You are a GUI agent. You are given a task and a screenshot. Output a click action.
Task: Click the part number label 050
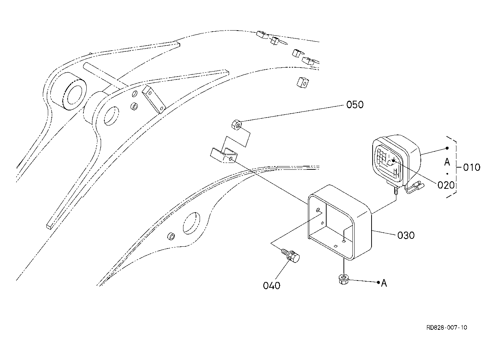tap(355, 105)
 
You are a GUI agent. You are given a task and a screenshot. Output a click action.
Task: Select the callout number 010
tap(471, 167)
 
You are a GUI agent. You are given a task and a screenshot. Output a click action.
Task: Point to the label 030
tap(406, 235)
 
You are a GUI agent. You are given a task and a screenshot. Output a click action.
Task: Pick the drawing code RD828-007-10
tap(447, 327)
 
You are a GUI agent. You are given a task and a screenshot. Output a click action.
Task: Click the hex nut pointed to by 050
tap(236, 125)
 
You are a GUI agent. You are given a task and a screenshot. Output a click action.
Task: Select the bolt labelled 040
tap(292, 258)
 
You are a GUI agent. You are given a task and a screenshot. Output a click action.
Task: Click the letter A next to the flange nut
tap(384, 283)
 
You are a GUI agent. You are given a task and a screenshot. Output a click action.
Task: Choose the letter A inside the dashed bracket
tap(447, 162)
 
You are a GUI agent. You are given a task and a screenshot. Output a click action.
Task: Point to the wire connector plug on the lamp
tap(418, 186)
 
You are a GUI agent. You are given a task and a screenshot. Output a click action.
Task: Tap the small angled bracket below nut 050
tap(224, 155)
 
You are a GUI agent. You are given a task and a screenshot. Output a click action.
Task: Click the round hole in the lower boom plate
tap(191, 223)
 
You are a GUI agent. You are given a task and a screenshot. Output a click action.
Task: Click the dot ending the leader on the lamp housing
tap(447, 148)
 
